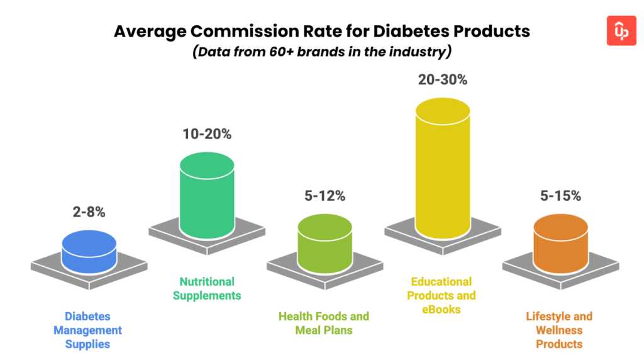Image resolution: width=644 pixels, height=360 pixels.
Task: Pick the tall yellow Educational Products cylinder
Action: (443, 170)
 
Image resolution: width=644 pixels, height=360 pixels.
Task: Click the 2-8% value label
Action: (89, 212)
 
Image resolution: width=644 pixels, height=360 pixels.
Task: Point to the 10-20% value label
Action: (207, 134)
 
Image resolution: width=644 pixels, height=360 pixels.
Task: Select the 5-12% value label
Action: (325, 196)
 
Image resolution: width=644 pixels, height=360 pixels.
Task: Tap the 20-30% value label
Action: (443, 80)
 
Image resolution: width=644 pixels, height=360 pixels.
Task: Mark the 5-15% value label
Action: (560, 196)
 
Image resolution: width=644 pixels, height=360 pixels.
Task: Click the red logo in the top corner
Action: (621, 31)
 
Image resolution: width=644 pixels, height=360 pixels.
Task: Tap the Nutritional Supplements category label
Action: (207, 288)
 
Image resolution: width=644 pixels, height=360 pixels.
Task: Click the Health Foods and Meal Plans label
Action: (324, 323)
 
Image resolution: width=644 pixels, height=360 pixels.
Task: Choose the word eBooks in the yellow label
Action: (441, 309)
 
